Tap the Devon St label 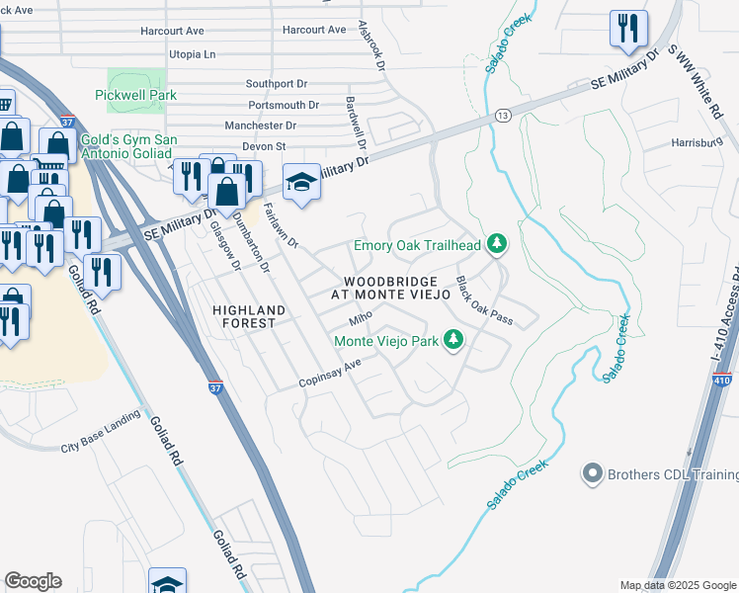point(264,146)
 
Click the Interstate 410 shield point(721,381)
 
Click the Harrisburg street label point(699,142)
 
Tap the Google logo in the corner point(33,581)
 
